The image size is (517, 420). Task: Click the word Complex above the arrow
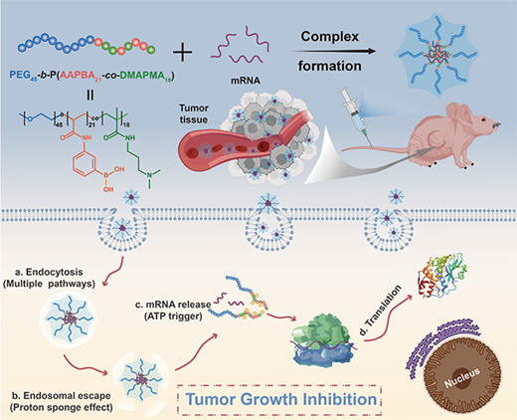[330, 37]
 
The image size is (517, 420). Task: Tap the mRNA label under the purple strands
[246, 81]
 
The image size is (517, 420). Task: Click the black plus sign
[182, 52]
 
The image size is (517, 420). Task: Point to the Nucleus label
[462, 377]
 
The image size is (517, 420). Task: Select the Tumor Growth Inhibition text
[281, 399]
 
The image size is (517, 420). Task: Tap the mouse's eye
[484, 119]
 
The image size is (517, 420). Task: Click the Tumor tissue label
[194, 113]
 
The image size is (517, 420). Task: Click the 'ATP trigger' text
[173, 316]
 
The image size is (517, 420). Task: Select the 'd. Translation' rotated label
[380, 310]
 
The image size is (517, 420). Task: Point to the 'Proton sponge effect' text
[61, 408]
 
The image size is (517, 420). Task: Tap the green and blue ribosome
[323, 338]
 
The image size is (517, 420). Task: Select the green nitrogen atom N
[149, 175]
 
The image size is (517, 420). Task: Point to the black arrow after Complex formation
[333, 51]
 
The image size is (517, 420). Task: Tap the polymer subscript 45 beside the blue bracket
[60, 124]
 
